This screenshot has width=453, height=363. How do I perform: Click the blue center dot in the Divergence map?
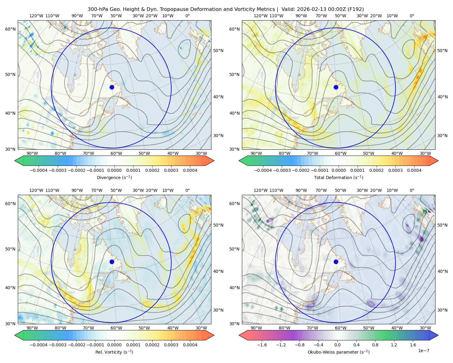(x=112, y=87)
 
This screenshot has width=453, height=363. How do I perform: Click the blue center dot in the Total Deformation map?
(x=336, y=87)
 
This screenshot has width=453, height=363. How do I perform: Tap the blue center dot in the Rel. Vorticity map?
(x=112, y=262)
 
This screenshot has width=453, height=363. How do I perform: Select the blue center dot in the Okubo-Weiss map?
(x=336, y=262)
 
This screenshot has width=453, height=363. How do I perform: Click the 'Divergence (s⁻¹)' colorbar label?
(x=114, y=178)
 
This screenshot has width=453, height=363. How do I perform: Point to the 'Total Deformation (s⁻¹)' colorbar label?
(x=339, y=178)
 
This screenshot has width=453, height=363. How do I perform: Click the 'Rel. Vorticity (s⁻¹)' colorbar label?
(x=114, y=352)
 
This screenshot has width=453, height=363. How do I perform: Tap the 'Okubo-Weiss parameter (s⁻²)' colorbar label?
(x=339, y=352)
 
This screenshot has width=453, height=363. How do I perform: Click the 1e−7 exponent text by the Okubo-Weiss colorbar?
(x=424, y=351)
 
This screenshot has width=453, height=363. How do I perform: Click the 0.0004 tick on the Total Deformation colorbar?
(x=414, y=170)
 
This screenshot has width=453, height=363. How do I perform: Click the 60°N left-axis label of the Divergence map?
(x=10, y=29)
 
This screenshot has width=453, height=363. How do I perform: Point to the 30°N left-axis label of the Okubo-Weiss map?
(x=234, y=324)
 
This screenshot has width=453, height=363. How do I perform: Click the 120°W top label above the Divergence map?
(x=36, y=16)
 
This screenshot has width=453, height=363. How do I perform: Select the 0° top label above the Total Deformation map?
(x=412, y=16)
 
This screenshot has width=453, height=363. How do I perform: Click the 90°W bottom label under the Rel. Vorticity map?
(x=32, y=328)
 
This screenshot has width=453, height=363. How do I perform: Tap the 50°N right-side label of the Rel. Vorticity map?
(x=218, y=225)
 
